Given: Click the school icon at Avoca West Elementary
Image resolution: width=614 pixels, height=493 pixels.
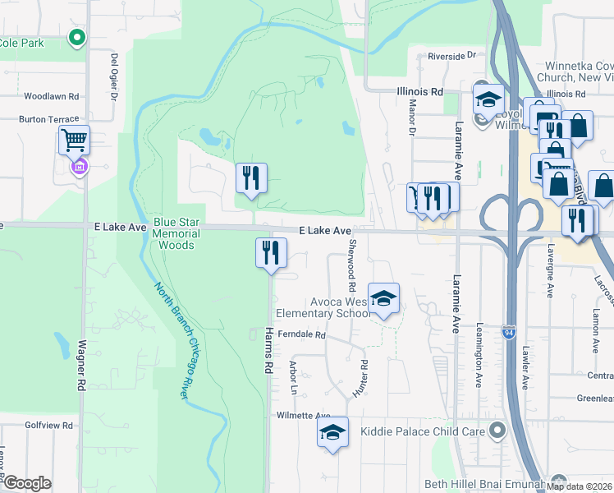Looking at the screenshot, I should point(383,300).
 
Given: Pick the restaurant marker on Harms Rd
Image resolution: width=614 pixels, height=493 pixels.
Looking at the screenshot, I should point(271,251).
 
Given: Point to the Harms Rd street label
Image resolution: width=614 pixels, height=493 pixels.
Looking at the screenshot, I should point(268,350).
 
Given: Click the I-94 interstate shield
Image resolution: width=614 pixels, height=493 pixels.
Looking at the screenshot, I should point(508,332).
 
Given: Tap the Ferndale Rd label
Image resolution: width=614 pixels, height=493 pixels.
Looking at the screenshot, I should point(302,335).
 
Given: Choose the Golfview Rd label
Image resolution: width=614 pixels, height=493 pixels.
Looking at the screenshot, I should point(49,426).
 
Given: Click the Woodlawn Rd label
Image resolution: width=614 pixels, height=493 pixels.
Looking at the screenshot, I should point(51,96).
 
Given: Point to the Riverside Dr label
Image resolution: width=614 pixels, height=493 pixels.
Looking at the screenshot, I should point(451,56).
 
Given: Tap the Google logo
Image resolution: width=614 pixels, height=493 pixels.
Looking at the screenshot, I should point(27,483).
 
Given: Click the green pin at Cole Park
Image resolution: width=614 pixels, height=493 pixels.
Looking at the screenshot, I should point(77,37).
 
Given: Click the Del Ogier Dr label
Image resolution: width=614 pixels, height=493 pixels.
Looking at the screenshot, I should point(114,77).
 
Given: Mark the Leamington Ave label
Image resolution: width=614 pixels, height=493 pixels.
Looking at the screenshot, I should point(479,349).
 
